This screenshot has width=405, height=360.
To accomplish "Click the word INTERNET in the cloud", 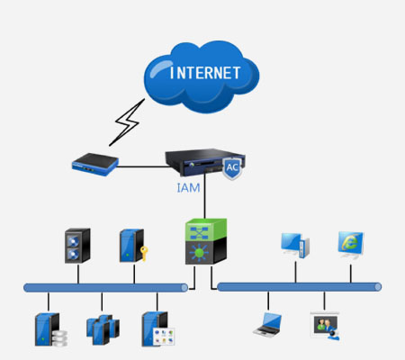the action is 205,73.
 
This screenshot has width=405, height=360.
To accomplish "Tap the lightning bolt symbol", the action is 127,122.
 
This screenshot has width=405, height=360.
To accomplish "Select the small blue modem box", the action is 95,164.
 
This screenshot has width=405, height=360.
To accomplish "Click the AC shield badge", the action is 232,167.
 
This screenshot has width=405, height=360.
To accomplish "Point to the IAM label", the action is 188,188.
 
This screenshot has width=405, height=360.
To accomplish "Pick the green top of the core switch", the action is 206,229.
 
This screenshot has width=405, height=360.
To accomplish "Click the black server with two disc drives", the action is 77,246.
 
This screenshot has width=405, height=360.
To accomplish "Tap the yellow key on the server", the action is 144,254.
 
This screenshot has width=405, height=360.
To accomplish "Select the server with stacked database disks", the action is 50,329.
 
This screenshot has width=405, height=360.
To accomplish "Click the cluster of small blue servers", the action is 103,329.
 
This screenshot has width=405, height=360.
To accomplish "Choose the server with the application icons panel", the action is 158,329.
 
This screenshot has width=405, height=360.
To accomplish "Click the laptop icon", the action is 267,325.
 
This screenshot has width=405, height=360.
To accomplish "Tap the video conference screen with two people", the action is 325,327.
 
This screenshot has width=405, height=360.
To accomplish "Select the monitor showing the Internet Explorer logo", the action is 351,245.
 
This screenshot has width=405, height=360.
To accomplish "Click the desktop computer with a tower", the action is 295,246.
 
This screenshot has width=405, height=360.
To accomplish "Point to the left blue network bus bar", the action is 105,288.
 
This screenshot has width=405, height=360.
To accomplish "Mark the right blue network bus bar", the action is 299,287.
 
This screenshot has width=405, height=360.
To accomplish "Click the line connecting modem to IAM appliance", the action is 142,166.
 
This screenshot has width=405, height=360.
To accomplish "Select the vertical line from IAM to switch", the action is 205,200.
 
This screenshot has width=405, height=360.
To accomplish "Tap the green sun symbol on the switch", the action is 199,253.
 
